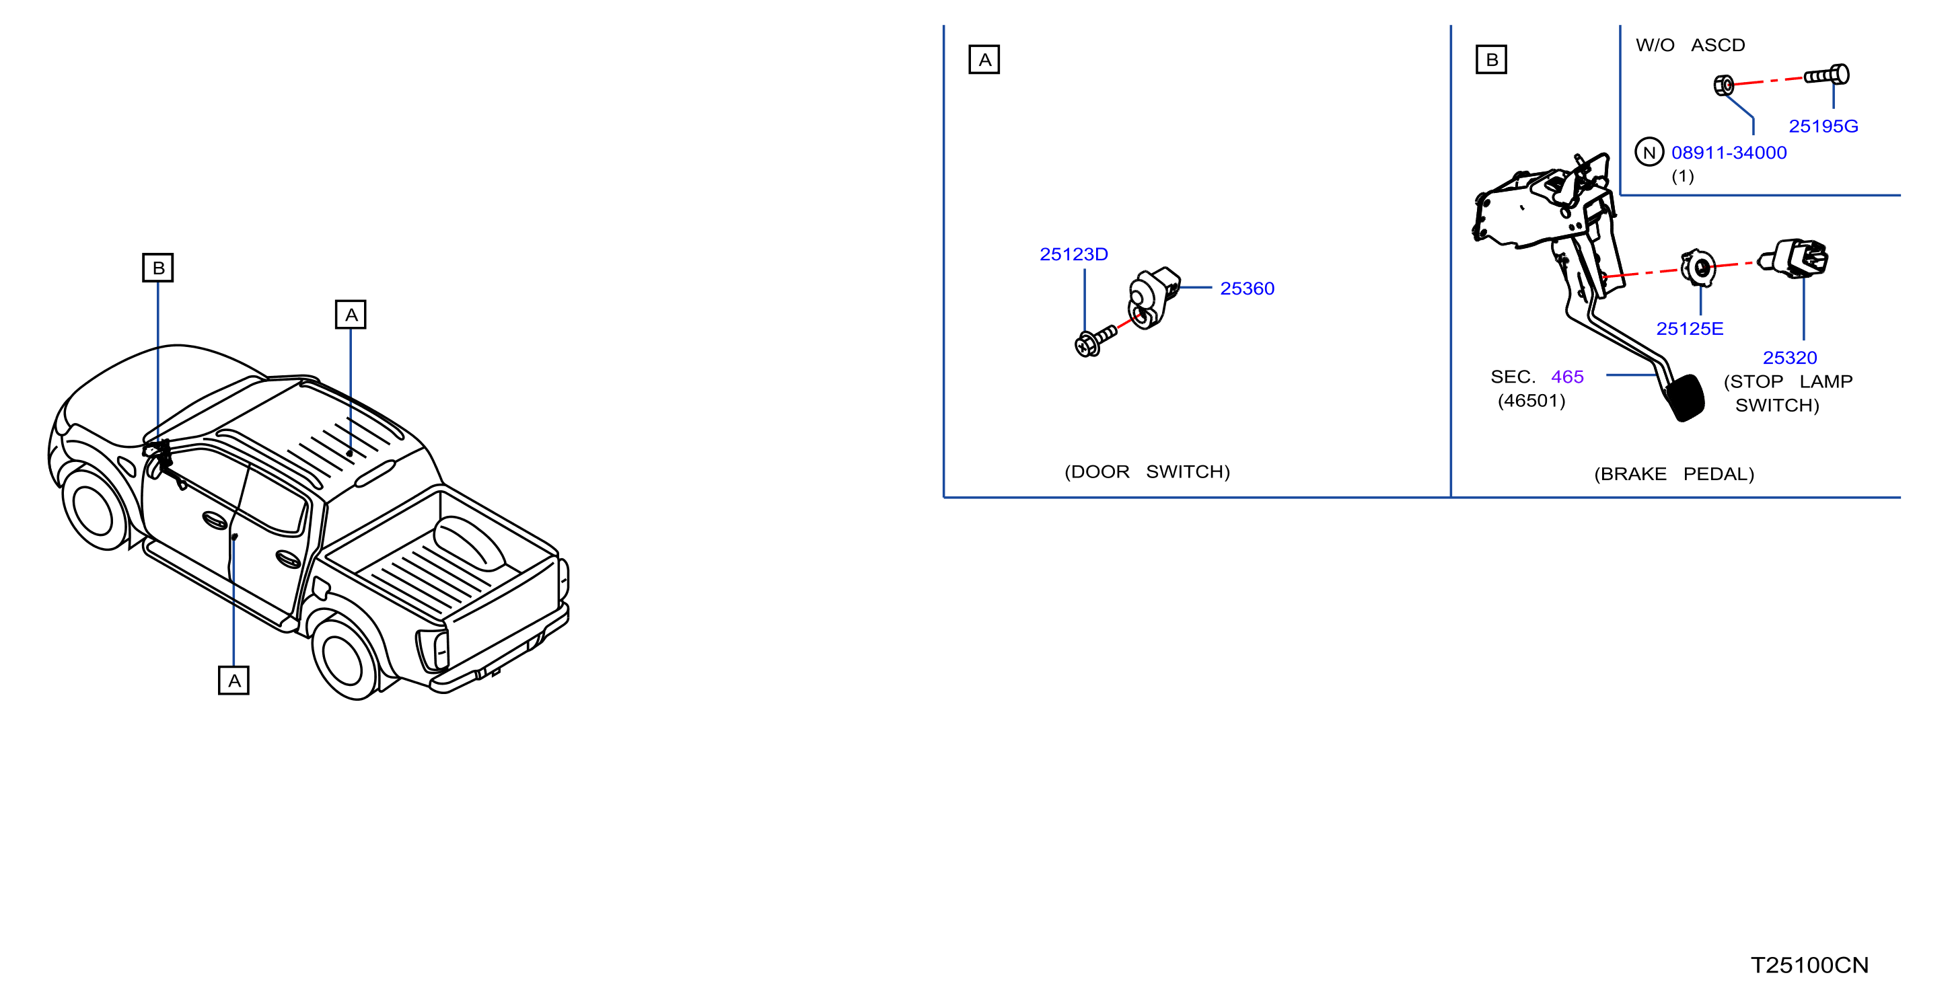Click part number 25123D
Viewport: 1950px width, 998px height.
1073,254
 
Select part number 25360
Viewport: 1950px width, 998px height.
1247,289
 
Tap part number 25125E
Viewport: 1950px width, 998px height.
1690,328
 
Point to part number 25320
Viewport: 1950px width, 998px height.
1790,357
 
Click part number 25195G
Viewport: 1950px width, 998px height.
1823,126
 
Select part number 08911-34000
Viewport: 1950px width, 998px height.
1729,153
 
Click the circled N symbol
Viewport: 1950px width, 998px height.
1649,152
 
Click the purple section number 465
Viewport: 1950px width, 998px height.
1567,377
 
